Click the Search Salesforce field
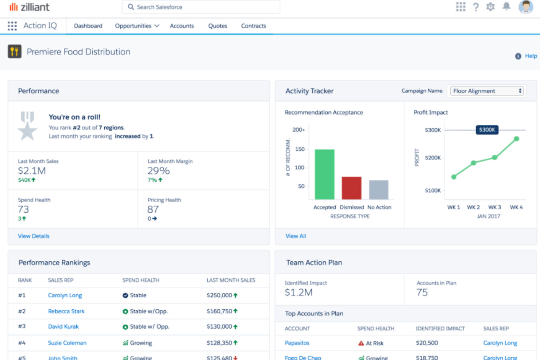[x=201, y=7]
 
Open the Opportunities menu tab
[x=137, y=26]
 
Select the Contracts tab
[x=253, y=26]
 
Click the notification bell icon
[x=506, y=7]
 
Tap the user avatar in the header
[x=525, y=7]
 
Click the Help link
[x=531, y=56]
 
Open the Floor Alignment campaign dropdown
[x=487, y=91]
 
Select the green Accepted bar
[x=324, y=174]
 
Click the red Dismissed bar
[x=351, y=188]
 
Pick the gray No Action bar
[x=378, y=190]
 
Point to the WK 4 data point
[x=516, y=139]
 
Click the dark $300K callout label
[x=487, y=130]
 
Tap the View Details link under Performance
[x=34, y=236]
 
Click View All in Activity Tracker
[x=296, y=236]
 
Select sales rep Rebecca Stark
[x=66, y=311]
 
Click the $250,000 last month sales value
[x=219, y=295]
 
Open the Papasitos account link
[x=297, y=343]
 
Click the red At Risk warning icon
[x=361, y=343]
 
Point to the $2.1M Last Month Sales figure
[x=32, y=171]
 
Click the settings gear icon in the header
[x=490, y=7]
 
